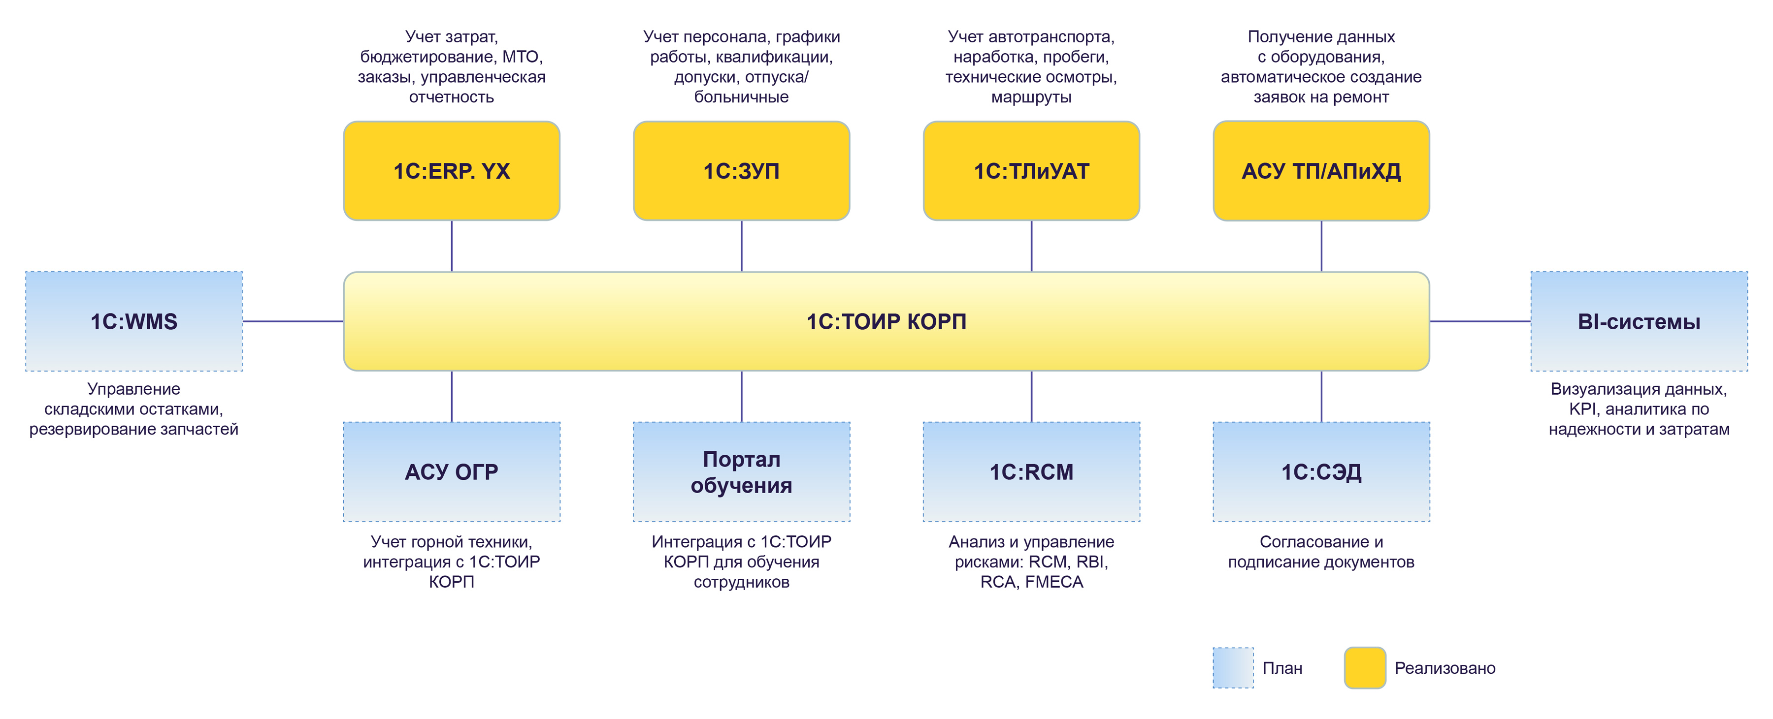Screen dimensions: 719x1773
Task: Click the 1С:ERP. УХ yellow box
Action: (452, 171)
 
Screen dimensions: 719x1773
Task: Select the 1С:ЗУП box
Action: (741, 171)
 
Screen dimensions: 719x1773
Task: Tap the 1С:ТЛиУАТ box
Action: (1031, 171)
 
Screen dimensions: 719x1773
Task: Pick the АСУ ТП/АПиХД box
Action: (1321, 171)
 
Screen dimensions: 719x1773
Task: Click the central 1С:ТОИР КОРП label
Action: (886, 321)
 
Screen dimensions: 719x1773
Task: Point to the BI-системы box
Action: (1639, 321)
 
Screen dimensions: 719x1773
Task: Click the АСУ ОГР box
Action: (452, 472)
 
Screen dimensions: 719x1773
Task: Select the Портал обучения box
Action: (741, 472)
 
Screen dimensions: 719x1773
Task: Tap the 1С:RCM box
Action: (1031, 472)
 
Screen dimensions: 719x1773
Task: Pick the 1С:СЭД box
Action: (1321, 472)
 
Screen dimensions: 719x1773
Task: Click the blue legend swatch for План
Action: (1233, 667)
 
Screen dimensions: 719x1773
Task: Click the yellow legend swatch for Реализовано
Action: (1365, 667)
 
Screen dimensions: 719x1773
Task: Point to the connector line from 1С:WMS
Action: (293, 321)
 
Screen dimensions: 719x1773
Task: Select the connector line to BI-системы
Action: (1480, 321)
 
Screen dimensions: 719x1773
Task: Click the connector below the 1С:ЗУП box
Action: (741, 246)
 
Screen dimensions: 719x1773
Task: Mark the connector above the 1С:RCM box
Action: (1031, 396)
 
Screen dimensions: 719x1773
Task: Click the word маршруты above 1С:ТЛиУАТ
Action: (1031, 97)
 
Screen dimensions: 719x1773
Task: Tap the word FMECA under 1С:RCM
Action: (1054, 582)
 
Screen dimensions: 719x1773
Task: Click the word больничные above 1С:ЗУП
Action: (741, 97)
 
